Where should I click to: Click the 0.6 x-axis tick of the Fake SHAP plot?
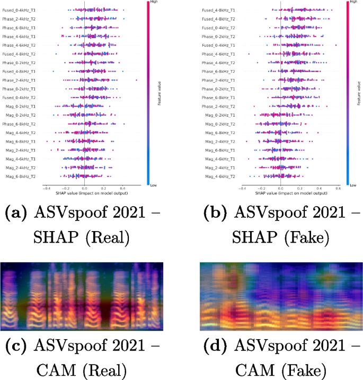coord(338,188)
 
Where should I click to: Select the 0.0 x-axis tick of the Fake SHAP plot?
coord(280,188)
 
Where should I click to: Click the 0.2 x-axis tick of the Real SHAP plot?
coord(103,188)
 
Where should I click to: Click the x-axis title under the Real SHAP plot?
coord(84,193)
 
